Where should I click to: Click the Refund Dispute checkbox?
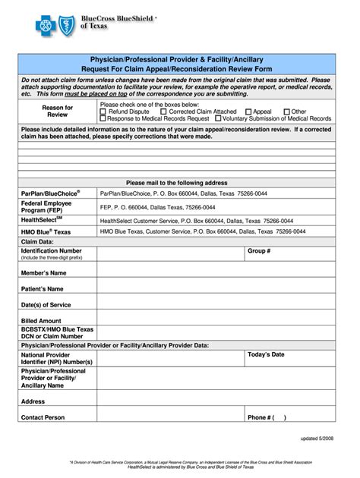coord(103,112)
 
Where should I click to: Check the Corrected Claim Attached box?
coord(163,112)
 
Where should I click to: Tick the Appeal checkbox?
coord(247,112)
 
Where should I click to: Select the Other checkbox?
coord(286,112)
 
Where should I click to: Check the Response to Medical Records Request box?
coord(103,119)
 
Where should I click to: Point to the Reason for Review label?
coord(58,112)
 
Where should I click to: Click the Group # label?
coord(258,250)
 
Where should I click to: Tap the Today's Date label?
coord(266,354)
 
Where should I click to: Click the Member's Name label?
coord(42,272)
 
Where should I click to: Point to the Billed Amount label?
coord(41,321)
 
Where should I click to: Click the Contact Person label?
coord(43,417)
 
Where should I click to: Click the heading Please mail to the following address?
coord(176,183)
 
